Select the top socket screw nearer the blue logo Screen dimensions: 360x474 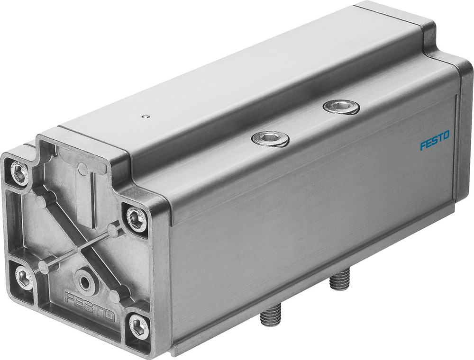(x=341, y=107)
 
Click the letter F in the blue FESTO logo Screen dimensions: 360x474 (x=422, y=146)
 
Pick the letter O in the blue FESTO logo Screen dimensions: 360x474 (x=447, y=139)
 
